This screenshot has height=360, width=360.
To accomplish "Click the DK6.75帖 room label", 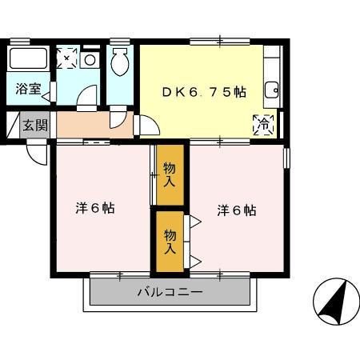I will [205, 92].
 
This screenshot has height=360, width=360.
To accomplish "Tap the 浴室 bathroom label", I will [28, 89].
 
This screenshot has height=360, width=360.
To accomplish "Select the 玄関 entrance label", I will [34, 125].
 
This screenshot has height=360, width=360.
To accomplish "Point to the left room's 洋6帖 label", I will [95, 208].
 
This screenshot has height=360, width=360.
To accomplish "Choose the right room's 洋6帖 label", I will [237, 210].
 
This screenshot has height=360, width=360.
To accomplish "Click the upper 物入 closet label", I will [169, 174].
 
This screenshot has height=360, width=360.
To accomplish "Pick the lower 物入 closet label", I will [170, 241].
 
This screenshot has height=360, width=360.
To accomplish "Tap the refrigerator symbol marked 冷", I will [262, 125].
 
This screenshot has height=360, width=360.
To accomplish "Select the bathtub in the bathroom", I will [29, 59].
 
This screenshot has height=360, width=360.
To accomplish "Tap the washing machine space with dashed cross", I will [67, 58].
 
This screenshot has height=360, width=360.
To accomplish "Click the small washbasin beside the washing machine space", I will [90, 59].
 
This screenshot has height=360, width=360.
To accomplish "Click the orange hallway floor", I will [84, 124].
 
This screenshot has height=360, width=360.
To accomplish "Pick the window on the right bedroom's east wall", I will [286, 157].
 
